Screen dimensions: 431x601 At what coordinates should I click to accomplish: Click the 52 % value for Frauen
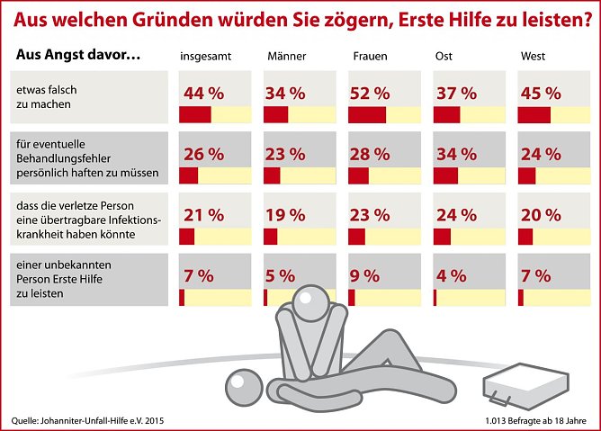[x=371, y=94]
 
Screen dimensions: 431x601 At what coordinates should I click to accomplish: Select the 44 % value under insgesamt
[x=203, y=94]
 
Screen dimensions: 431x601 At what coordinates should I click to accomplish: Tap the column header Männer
[x=287, y=56]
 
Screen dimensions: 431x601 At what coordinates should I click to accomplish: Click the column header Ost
[x=443, y=56]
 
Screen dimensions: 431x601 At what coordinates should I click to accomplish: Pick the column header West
[x=533, y=56]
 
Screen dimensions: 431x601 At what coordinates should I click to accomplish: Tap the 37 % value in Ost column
[x=455, y=94]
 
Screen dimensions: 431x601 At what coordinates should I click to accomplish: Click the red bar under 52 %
[x=367, y=114]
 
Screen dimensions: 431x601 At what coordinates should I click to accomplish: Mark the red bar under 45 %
[x=534, y=114]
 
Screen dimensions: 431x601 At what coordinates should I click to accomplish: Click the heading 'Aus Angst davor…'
[x=77, y=56]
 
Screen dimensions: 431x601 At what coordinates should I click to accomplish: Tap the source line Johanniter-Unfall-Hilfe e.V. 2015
[x=88, y=420]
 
